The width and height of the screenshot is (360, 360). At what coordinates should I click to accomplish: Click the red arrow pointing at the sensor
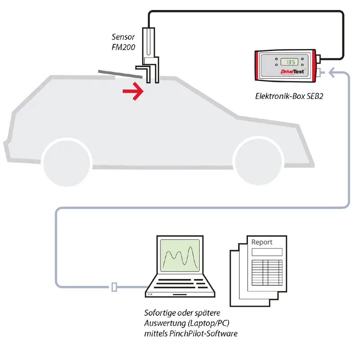point(133,92)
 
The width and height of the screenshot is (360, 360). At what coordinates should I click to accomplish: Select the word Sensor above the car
point(123,36)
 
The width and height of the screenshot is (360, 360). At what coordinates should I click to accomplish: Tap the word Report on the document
point(262,242)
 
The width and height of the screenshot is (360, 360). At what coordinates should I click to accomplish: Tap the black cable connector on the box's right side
point(319,59)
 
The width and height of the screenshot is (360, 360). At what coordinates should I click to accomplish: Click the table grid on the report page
point(266,270)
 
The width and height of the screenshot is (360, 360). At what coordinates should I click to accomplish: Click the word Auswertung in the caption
point(165,323)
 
